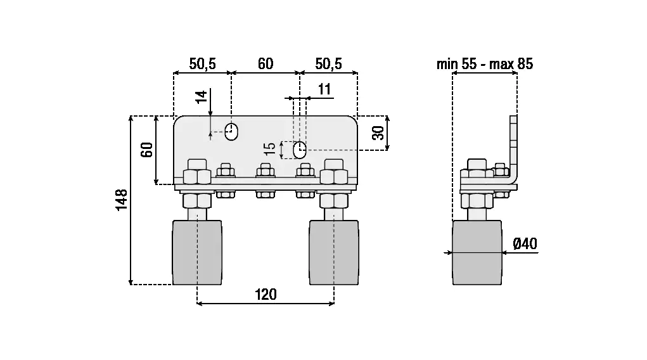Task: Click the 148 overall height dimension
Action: pos(122,199)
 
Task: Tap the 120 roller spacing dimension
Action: pos(266,295)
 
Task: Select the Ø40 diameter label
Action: pos(525,243)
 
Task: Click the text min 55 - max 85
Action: pos(484,64)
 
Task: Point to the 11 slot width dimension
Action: pos(324,89)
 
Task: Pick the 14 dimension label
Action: pos(202,97)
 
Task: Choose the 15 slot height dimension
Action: pos(271,149)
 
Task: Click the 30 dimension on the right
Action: pos(378,133)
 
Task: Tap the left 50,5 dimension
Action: pos(203,64)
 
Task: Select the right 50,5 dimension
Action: pos(328,64)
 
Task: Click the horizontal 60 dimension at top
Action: pos(266,64)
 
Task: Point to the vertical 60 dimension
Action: pos(147,150)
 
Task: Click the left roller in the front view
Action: pos(197,252)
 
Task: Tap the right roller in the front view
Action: pos(334,252)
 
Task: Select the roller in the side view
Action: pos(477,252)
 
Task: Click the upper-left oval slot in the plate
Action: pos(231,132)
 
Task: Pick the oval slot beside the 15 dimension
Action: pos(300,150)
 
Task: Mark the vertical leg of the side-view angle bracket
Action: pos(514,146)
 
